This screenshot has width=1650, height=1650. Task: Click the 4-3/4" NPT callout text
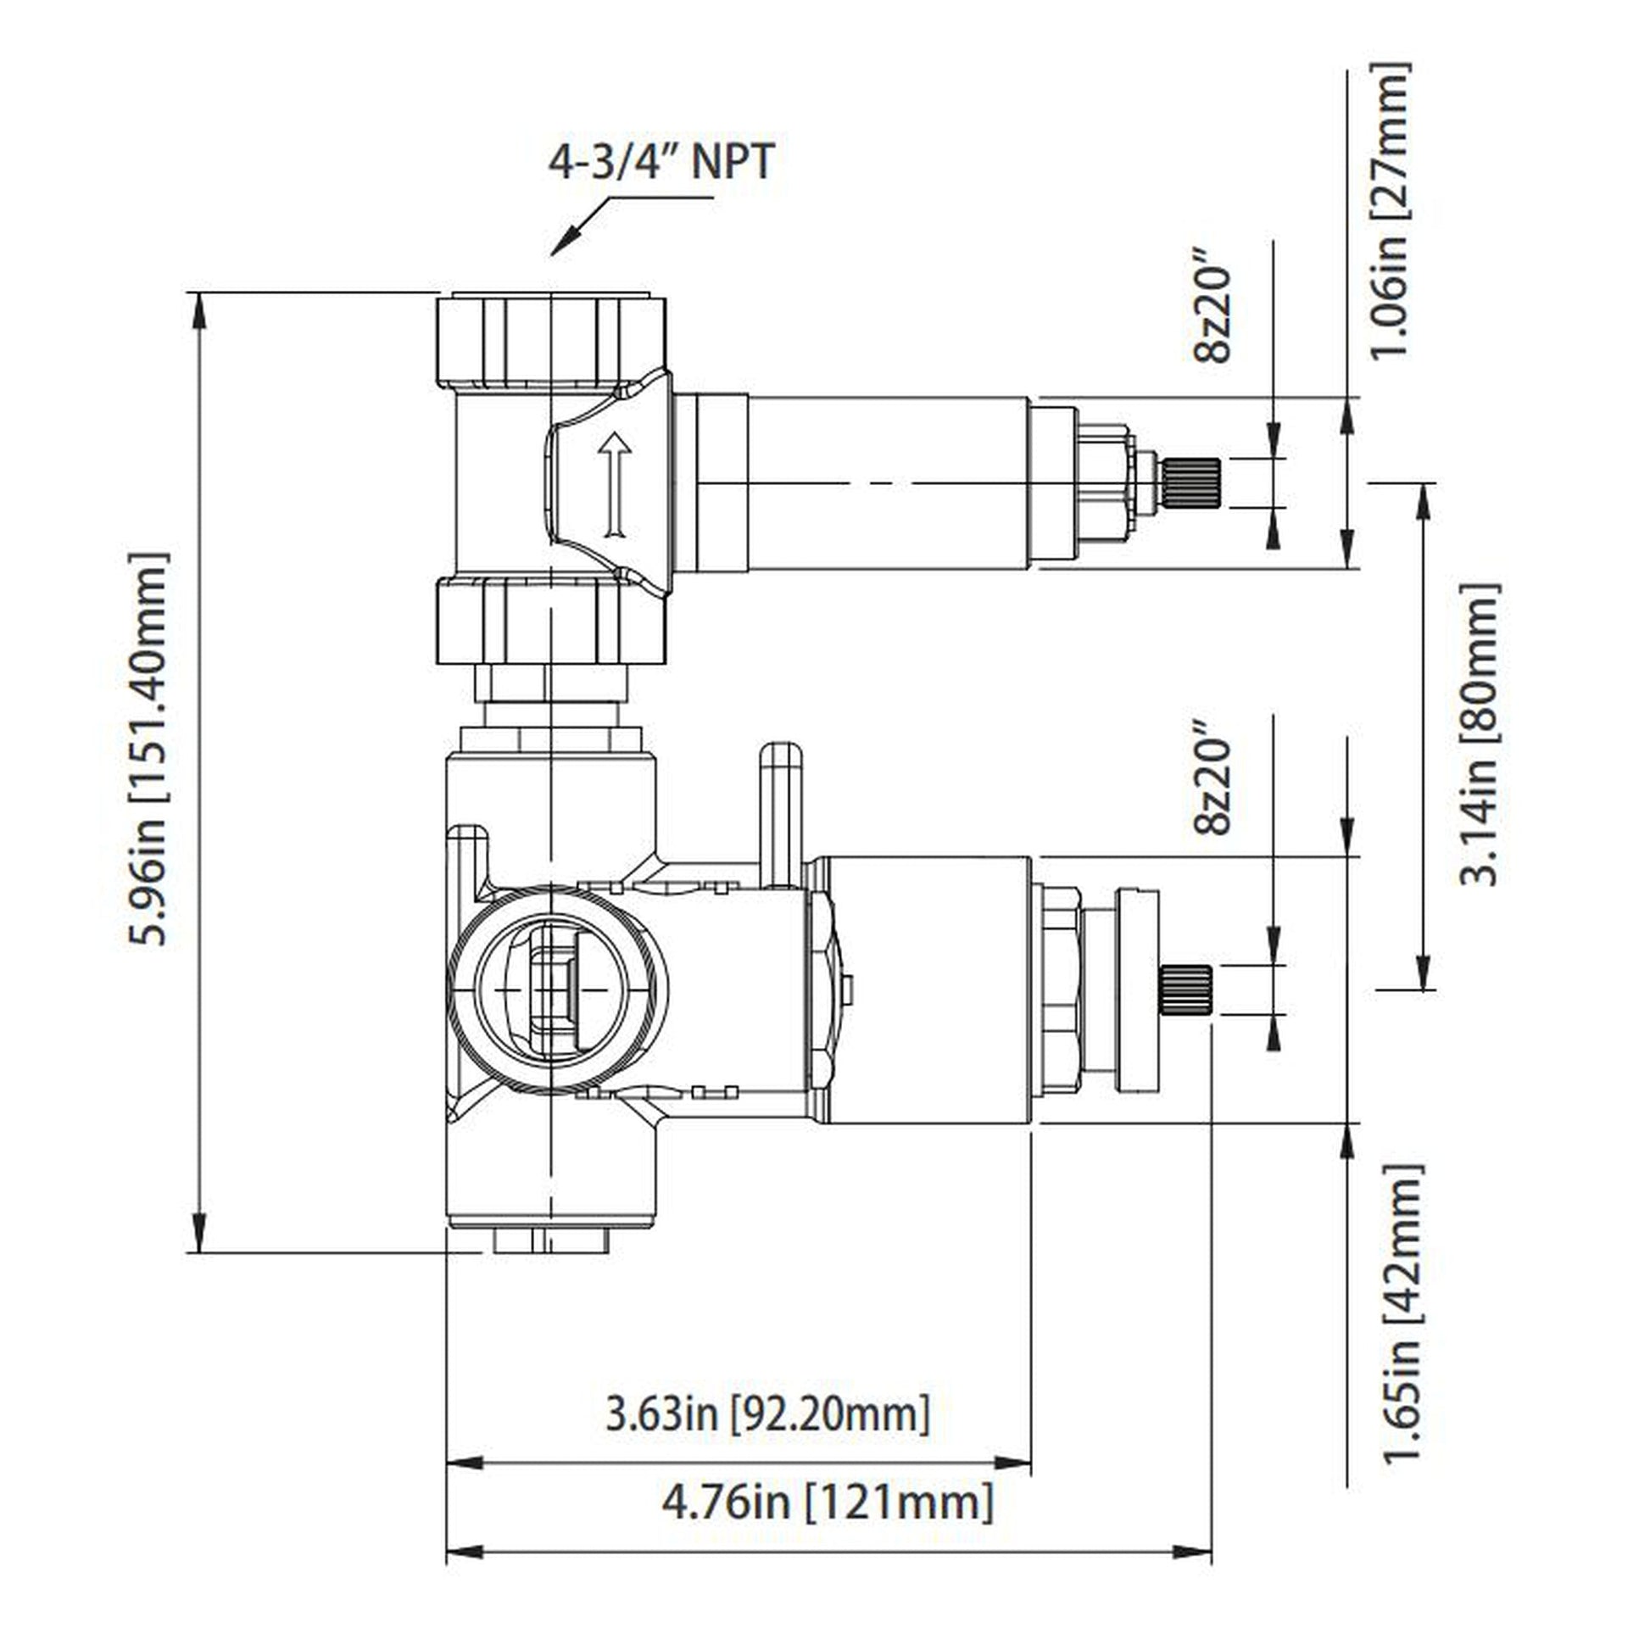(661, 161)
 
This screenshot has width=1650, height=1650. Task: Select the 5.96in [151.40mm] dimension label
(148, 749)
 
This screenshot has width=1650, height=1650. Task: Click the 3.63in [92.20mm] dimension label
(767, 1413)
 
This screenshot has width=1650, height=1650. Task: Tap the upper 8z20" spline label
(1212, 306)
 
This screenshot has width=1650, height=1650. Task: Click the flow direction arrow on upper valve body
(614, 484)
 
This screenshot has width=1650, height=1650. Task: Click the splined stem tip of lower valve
(1185, 989)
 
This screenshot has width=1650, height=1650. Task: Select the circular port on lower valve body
(556, 989)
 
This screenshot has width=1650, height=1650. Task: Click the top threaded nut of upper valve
(551, 339)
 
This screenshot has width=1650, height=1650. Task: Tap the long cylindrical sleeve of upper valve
(889, 482)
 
